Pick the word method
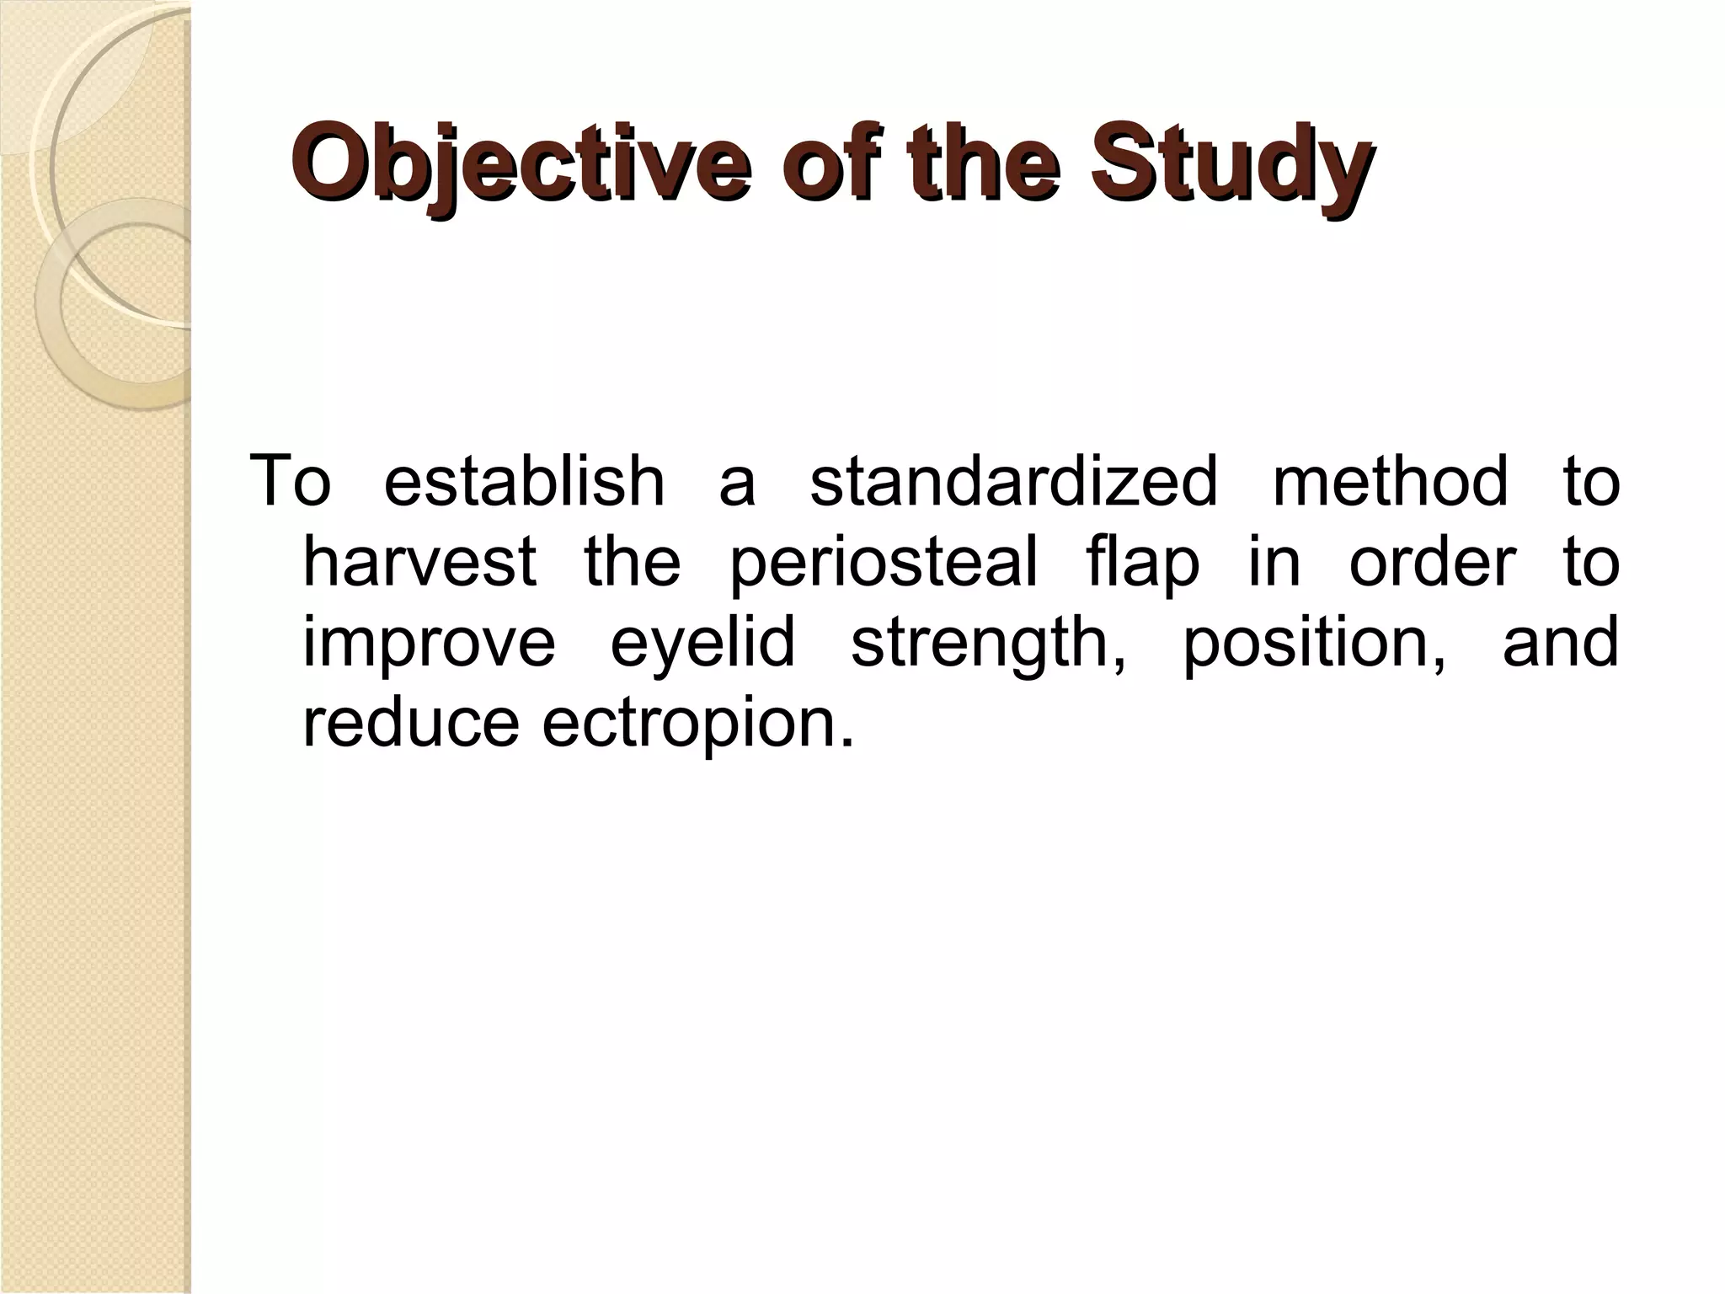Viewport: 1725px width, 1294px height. click(1390, 482)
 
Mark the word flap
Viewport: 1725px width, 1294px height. click(1142, 562)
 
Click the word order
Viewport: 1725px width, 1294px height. click(1433, 562)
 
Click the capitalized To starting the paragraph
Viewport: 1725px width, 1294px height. click(291, 482)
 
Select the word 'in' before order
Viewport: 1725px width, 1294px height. click(1274, 562)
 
